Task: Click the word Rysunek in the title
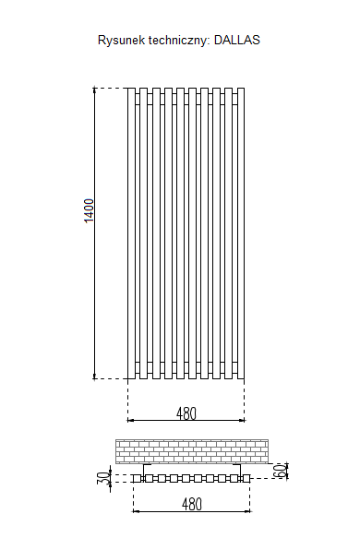click(x=121, y=41)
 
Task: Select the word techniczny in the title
click(x=179, y=41)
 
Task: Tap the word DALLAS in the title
click(x=237, y=40)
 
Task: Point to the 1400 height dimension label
click(x=90, y=210)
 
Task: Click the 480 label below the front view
click(x=186, y=413)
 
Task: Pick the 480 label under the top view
click(x=192, y=505)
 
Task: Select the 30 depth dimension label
click(x=103, y=478)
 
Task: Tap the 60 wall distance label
click(x=280, y=471)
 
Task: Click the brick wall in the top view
click(x=192, y=451)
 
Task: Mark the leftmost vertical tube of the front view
click(x=131, y=233)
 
